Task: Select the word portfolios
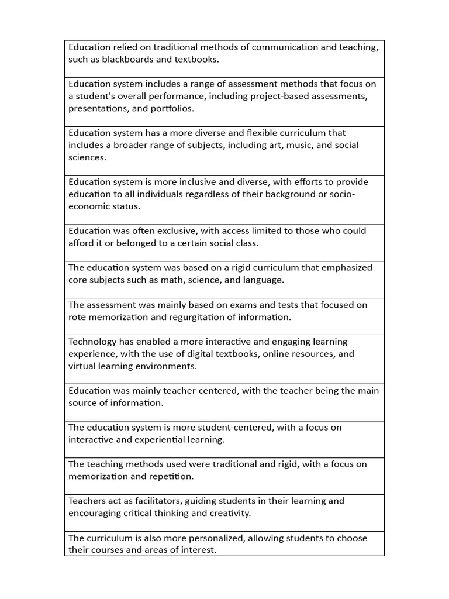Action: click(x=171, y=108)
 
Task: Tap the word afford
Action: click(x=81, y=243)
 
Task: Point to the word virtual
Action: click(x=82, y=366)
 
